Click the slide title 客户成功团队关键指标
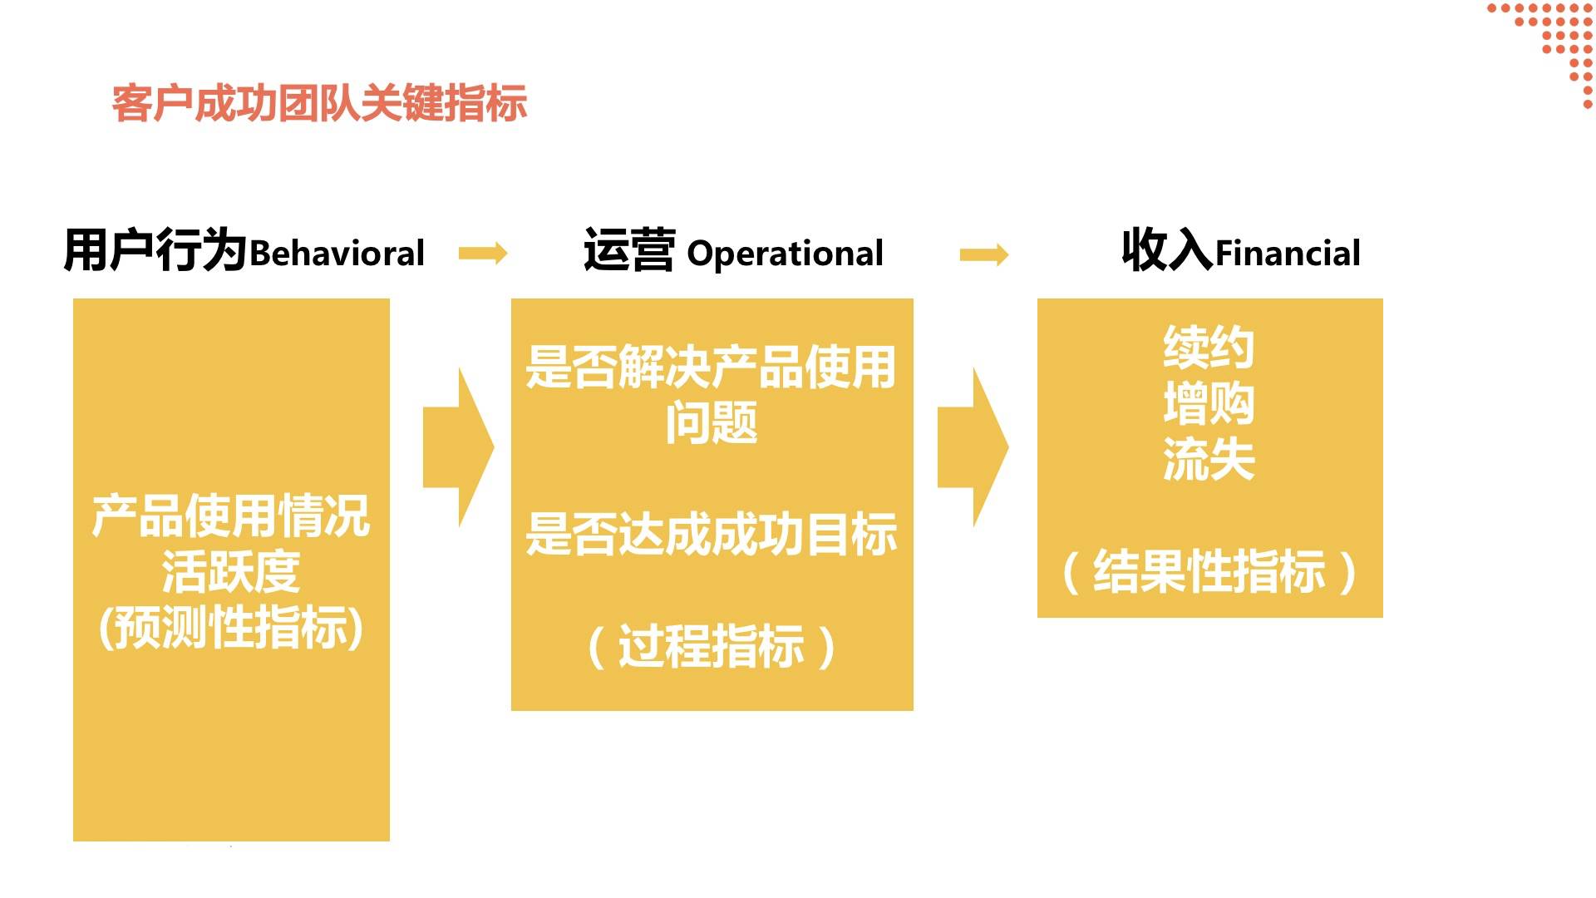[x=319, y=104]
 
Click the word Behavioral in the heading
[x=337, y=253]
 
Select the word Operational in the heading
[x=785, y=254]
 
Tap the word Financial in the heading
[x=1288, y=253]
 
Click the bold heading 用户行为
[x=155, y=249]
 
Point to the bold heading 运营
[x=628, y=249]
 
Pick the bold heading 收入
[x=1167, y=249]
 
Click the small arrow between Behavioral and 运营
[x=483, y=253]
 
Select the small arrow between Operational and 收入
[x=984, y=254]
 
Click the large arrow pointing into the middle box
[x=460, y=447]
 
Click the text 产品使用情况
[x=230, y=516]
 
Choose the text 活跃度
[x=230, y=572]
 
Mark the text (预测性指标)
[x=230, y=628]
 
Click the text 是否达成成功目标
[x=712, y=534]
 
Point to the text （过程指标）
[x=712, y=647]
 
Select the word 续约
[x=1209, y=348]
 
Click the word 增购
[x=1209, y=404]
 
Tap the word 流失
[x=1209, y=460]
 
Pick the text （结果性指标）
[x=1209, y=572]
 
